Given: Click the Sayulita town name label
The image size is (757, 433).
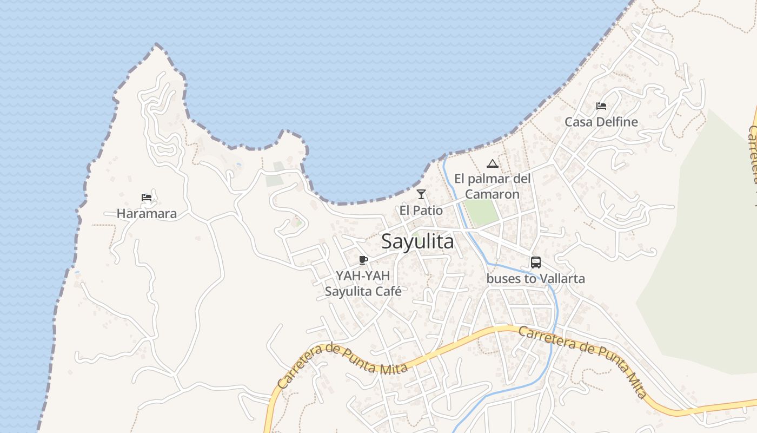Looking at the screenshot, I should [417, 241].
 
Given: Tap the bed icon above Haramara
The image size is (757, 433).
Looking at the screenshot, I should [147, 198].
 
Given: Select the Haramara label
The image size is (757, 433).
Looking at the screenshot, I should [147, 214].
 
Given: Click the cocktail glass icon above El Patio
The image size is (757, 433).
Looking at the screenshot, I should [421, 194].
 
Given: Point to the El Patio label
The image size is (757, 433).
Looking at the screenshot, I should [421, 211].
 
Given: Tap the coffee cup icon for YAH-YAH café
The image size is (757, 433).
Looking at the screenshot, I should [363, 260].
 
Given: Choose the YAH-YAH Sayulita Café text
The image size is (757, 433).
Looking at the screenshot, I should [363, 284].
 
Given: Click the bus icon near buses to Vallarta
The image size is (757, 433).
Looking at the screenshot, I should [536, 263].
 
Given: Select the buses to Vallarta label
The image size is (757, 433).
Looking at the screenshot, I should [536, 279].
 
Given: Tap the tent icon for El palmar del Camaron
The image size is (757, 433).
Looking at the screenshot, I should [492, 163].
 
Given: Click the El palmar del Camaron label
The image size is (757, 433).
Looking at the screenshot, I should [492, 186].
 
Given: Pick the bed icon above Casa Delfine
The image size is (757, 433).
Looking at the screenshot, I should [601, 106].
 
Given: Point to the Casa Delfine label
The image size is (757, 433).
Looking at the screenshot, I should [601, 122].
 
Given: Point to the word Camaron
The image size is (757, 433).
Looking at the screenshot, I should [492, 194].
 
